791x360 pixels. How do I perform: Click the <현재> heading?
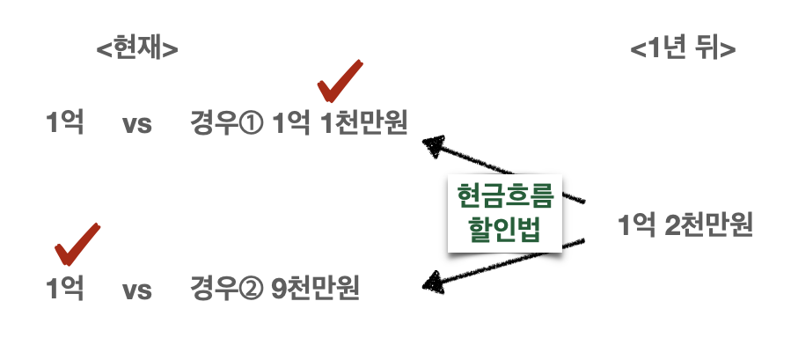point(137,48)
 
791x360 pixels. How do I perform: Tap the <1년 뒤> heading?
point(683,48)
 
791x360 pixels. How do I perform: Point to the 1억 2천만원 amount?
point(685,226)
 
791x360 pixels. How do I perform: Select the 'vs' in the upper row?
point(137,123)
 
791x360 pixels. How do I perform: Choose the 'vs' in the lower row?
point(137,289)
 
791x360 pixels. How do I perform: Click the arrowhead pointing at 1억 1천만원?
point(433,143)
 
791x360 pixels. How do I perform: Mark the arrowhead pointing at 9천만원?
point(433,282)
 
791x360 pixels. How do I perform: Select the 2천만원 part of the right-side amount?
point(708,226)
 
